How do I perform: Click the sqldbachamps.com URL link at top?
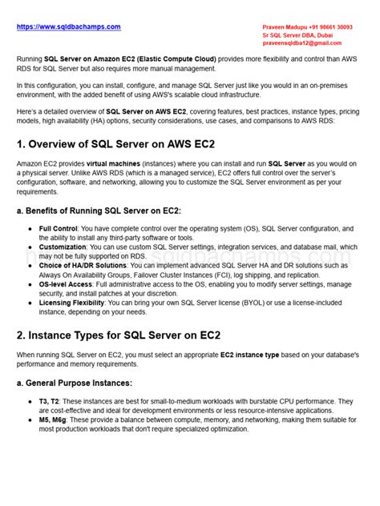click(x=70, y=26)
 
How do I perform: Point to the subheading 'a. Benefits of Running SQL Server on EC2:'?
click(x=99, y=211)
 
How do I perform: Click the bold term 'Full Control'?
click(x=58, y=228)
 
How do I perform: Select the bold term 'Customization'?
click(x=63, y=247)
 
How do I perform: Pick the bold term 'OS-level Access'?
click(x=66, y=283)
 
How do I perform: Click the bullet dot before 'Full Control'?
click(x=30, y=229)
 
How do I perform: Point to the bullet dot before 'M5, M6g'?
click(x=30, y=420)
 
